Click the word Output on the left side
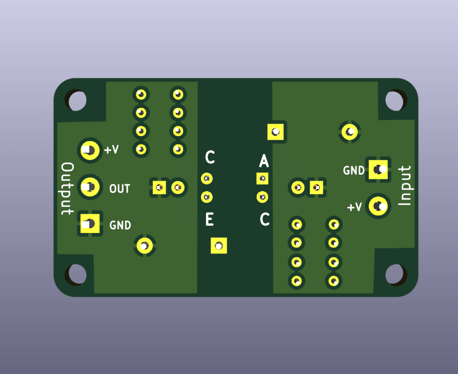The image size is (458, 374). coord(67,189)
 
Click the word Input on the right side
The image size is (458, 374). coord(404,186)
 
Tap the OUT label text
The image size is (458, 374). coord(120,189)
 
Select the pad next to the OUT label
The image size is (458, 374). coord(90,186)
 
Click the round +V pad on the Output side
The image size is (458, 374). coord(90,150)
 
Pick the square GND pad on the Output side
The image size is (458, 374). coord(90,223)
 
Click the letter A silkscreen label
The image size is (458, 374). coord(264,160)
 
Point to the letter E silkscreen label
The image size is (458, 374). coord(209,220)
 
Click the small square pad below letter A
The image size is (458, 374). coord(262,179)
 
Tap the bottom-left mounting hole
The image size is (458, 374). coord(76,274)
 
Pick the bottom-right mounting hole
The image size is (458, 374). coord(394,274)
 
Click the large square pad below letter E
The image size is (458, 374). coord(219,245)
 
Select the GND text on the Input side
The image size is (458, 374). coord(353,171)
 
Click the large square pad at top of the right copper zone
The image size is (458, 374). coord(276,132)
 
